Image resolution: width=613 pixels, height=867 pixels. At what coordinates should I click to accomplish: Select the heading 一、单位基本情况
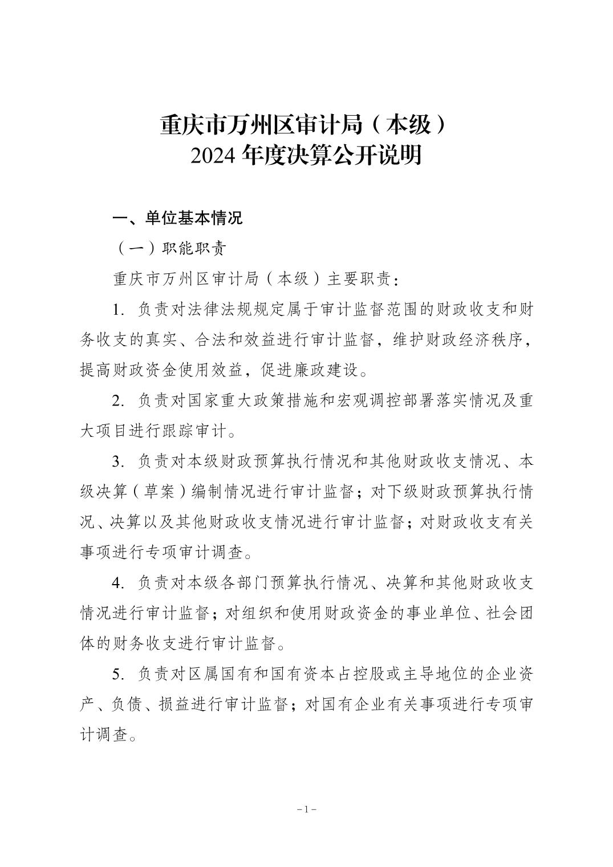[x=178, y=218]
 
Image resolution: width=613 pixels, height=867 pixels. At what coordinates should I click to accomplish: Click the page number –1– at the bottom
[x=307, y=809]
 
